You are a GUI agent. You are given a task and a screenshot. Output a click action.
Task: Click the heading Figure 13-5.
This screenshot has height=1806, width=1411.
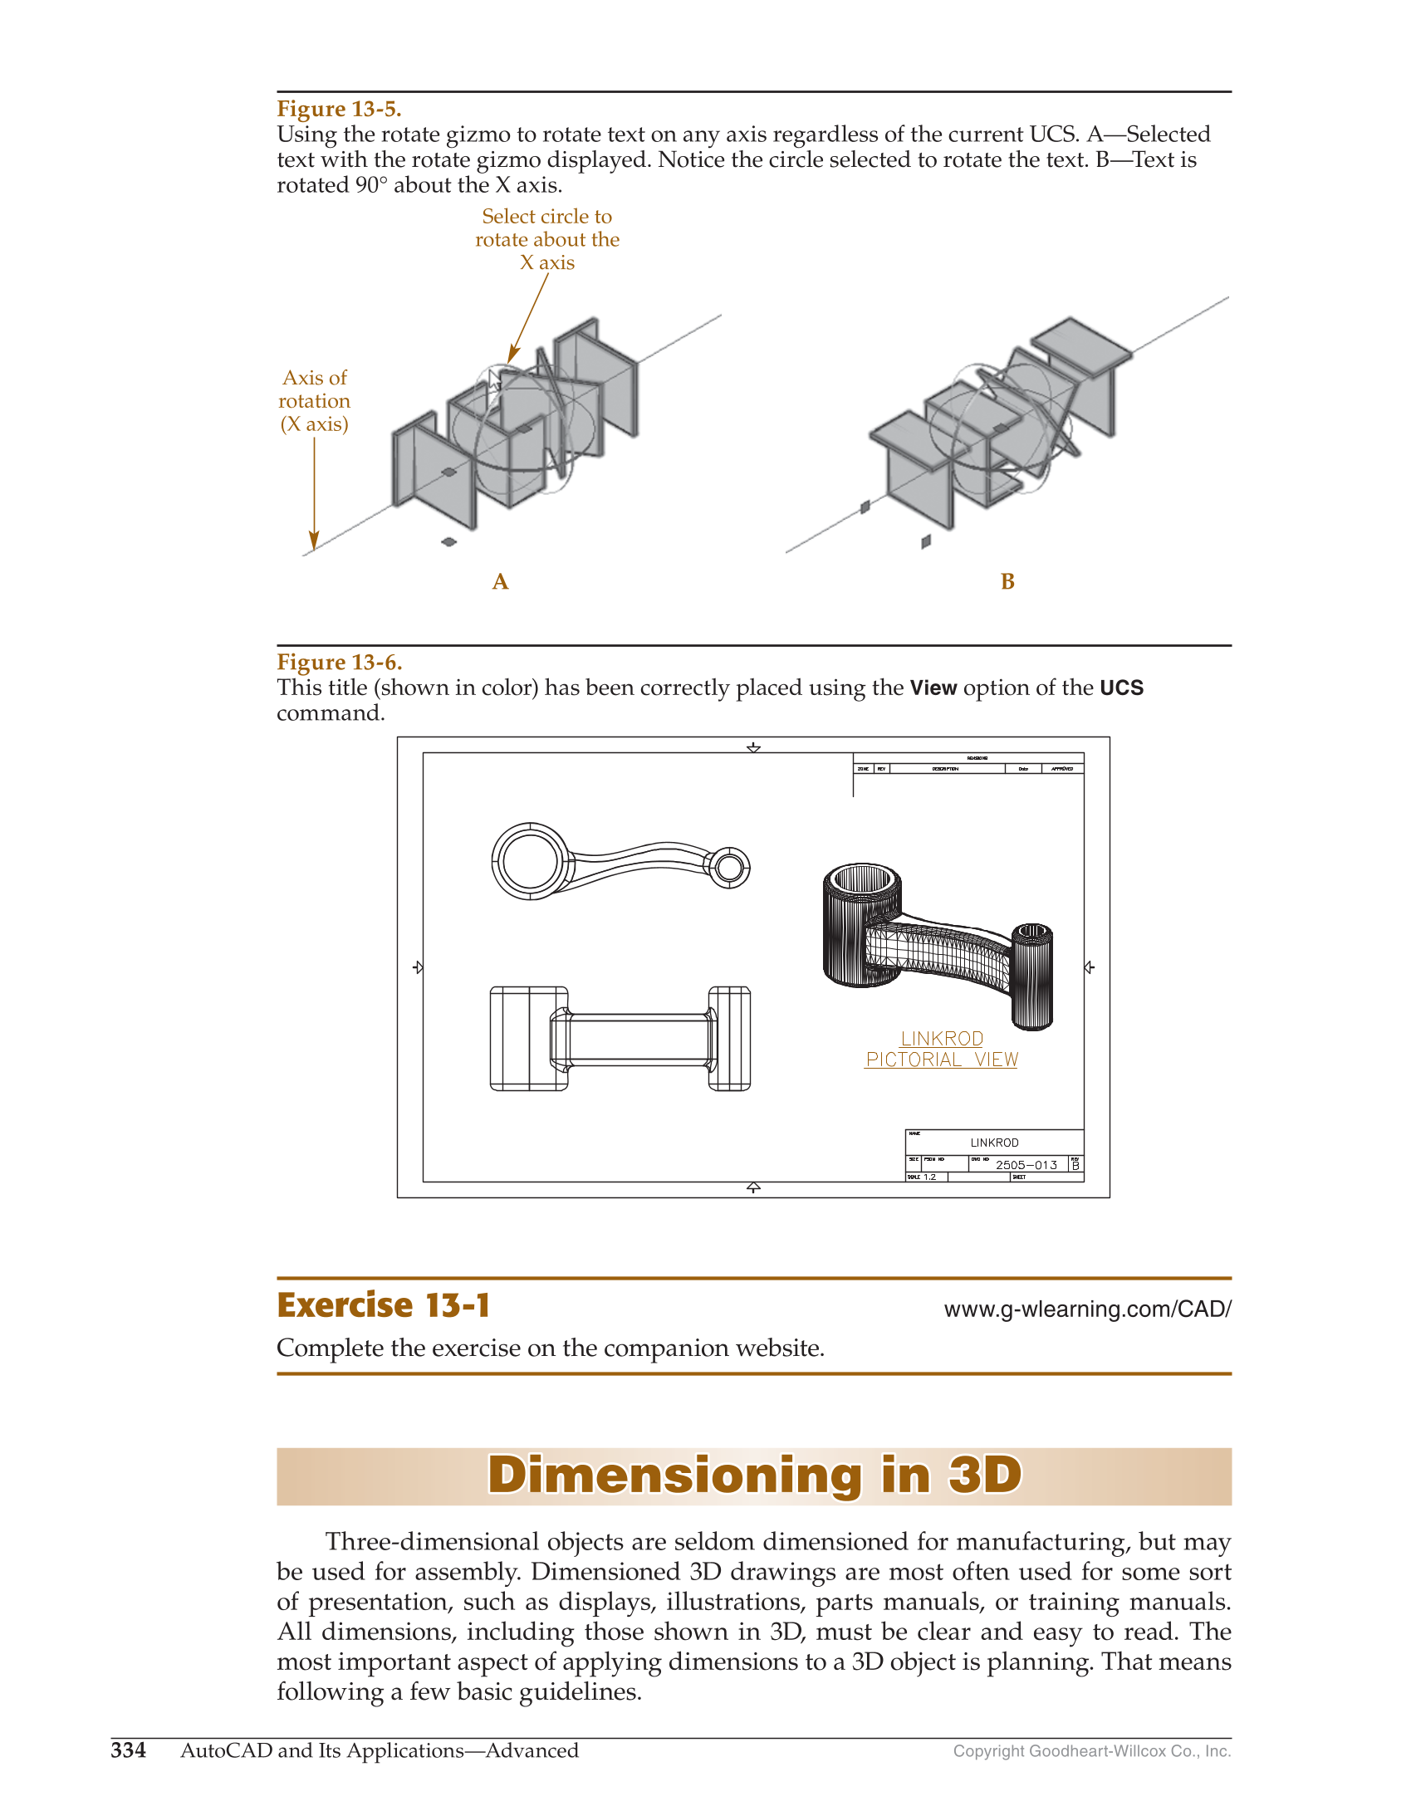tap(339, 109)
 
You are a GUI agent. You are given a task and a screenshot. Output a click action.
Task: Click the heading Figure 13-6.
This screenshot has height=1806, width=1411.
tap(339, 663)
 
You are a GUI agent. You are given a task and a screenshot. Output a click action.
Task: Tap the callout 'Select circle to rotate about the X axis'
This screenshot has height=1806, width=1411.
tap(546, 240)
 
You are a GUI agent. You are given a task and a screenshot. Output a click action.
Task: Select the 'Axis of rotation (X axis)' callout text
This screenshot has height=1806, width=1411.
tap(314, 401)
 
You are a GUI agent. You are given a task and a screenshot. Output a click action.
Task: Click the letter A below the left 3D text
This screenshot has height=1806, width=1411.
tap(500, 582)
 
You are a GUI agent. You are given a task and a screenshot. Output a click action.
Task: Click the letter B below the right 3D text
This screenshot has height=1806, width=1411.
tap(1007, 582)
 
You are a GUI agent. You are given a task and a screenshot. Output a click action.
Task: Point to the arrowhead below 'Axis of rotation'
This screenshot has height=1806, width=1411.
tap(314, 541)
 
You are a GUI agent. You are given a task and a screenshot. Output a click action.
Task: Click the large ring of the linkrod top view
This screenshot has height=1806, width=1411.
tap(530, 861)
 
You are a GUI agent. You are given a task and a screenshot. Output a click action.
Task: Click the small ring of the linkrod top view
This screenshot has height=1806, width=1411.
tap(728, 868)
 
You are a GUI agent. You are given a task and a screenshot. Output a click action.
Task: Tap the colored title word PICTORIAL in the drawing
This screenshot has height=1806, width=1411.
tap(914, 1060)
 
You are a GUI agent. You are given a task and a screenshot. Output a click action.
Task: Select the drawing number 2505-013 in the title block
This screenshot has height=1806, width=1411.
tap(1026, 1165)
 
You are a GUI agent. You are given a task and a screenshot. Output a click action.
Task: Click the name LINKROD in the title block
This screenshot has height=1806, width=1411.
tap(994, 1143)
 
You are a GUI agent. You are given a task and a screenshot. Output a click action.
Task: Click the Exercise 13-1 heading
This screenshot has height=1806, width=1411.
tap(383, 1306)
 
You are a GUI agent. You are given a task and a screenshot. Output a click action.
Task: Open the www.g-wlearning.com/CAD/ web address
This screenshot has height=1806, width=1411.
tap(1087, 1309)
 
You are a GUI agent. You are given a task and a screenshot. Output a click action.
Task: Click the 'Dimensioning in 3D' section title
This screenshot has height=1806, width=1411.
tap(753, 1476)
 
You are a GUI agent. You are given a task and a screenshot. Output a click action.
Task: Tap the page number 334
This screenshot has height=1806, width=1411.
tap(128, 1750)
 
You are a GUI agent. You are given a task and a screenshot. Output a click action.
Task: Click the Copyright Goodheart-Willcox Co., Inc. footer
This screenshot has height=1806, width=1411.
tap(1091, 1751)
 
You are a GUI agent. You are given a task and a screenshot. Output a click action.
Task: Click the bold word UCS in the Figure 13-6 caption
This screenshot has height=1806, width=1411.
tap(1121, 688)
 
